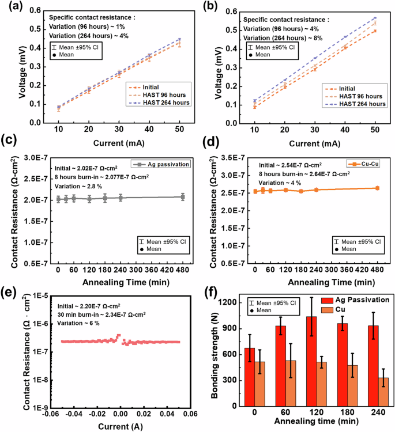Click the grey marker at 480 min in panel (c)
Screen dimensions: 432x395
(x=182, y=197)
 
